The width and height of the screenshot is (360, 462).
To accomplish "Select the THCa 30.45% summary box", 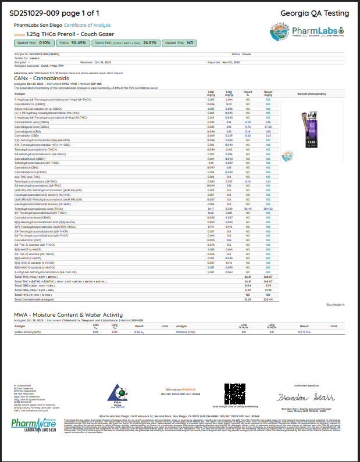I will [x=72, y=42].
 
